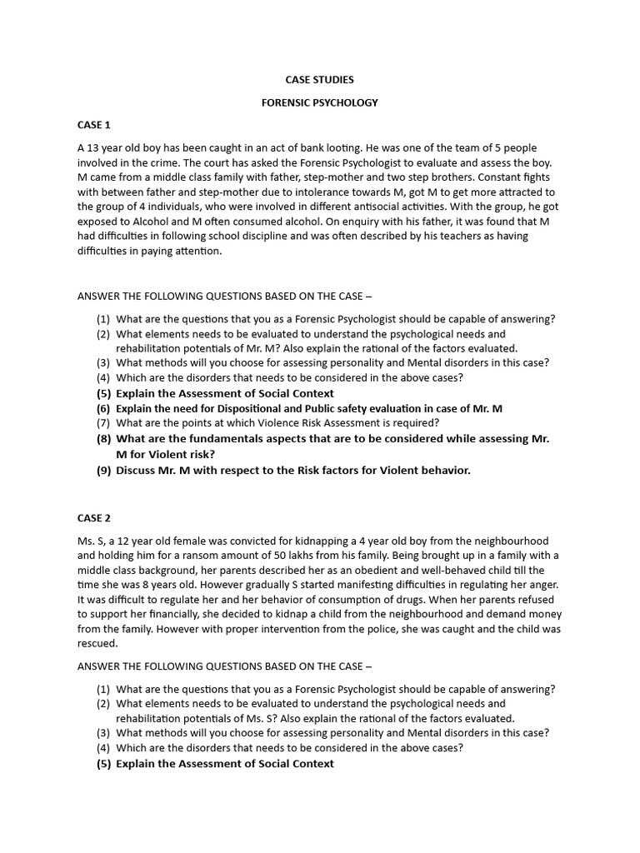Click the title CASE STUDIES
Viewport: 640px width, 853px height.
click(x=320, y=80)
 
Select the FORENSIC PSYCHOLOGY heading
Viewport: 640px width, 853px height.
click(x=320, y=102)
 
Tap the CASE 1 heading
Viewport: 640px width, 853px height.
click(x=94, y=125)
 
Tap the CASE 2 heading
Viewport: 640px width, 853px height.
click(x=94, y=518)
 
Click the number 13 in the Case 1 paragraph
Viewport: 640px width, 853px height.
click(x=94, y=148)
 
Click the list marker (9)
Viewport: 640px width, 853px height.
click(x=103, y=471)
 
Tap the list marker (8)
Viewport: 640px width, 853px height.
click(x=103, y=439)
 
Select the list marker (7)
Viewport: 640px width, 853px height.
click(x=103, y=423)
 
